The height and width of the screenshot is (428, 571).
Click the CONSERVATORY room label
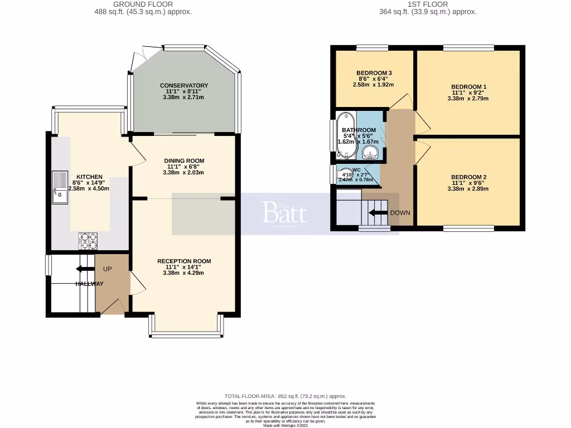(184, 85)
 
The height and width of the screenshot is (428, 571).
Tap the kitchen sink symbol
(59, 188)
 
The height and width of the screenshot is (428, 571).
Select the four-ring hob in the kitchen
(88, 241)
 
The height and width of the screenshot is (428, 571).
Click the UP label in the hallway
(108, 269)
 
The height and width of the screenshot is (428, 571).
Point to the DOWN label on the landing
(400, 213)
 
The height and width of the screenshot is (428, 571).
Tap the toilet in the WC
(346, 174)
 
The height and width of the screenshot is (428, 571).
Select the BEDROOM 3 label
(374, 73)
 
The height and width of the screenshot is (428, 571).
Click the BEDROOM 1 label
(468, 87)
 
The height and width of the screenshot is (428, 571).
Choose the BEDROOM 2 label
(468, 177)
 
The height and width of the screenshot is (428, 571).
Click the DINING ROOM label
(184, 160)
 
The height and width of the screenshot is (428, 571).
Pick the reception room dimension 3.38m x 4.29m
(184, 273)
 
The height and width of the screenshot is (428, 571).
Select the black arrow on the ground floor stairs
(85, 269)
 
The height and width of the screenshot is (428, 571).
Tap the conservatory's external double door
(139, 56)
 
